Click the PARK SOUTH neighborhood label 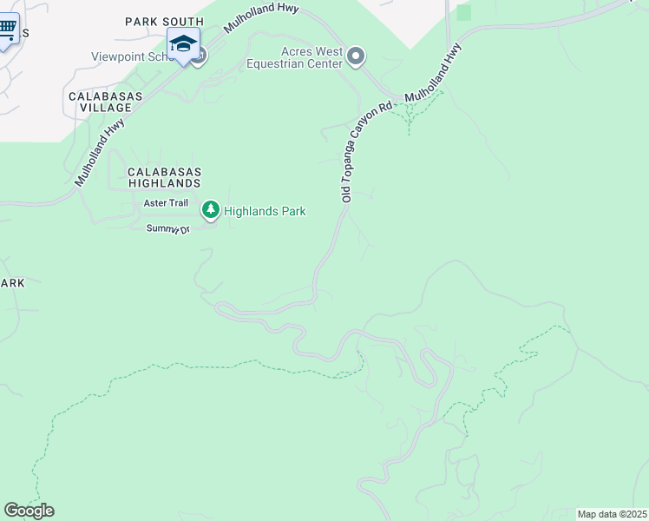point(164,22)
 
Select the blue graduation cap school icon point(183,44)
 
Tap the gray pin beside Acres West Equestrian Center point(356,57)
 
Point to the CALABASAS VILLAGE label point(100,100)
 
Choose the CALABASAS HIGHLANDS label point(164,177)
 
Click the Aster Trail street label point(165,203)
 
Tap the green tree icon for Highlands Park point(210,210)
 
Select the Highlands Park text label point(265,210)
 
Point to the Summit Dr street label point(167,228)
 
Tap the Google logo point(29,510)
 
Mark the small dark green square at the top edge point(463,12)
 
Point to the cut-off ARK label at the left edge point(12,284)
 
